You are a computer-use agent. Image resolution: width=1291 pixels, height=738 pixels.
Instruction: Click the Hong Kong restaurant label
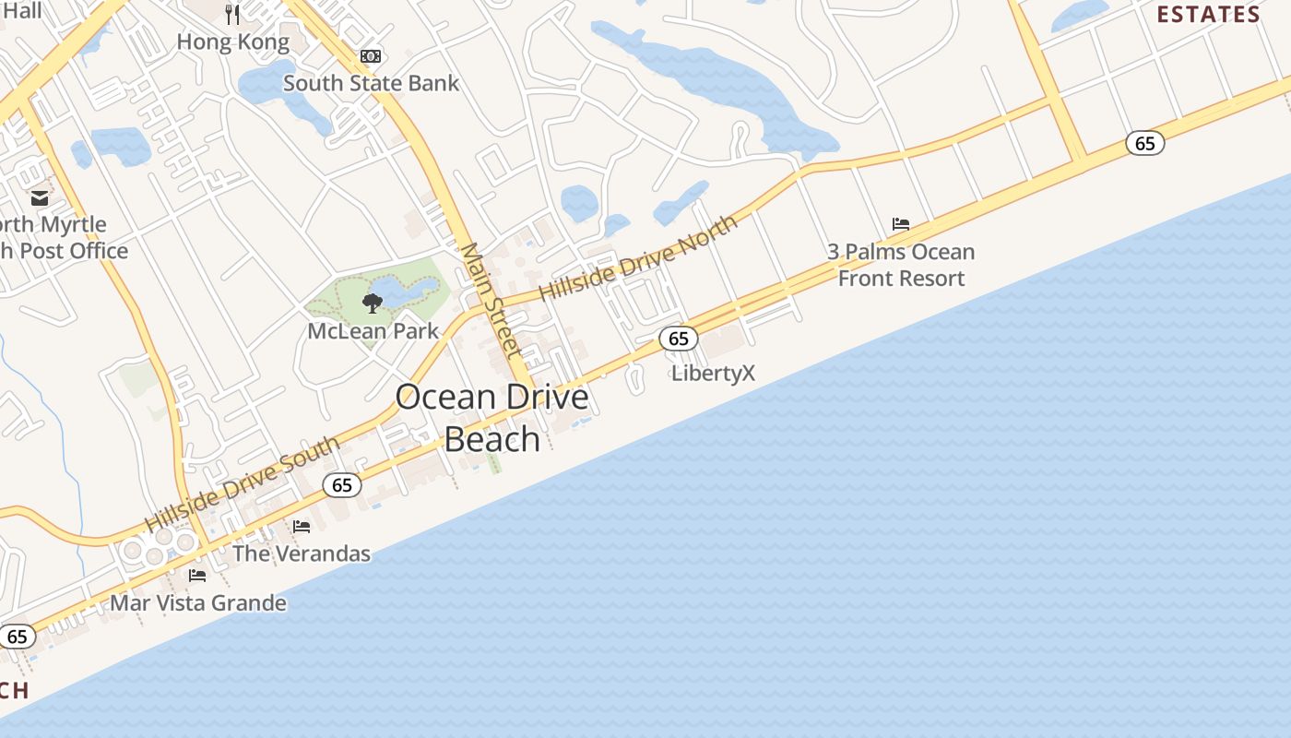tap(232, 42)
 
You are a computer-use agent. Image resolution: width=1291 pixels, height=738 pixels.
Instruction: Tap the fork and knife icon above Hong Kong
tap(232, 14)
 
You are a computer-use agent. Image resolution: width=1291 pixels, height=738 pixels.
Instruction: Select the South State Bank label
tap(371, 83)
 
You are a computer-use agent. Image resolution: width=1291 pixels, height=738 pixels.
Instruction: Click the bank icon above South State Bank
tap(371, 56)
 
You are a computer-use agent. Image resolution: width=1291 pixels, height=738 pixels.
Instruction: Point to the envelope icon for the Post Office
tap(40, 197)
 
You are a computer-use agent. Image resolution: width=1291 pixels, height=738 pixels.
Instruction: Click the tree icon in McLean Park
tap(373, 303)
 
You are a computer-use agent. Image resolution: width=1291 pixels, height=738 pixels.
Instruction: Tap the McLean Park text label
tap(373, 330)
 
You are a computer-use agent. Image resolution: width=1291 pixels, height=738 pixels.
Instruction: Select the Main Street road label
tap(491, 300)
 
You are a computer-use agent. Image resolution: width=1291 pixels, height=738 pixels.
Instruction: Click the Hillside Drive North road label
tap(638, 257)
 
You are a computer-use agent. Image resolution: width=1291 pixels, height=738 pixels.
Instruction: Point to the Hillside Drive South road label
tap(243, 484)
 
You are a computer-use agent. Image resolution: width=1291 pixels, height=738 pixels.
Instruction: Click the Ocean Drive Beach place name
tap(492, 418)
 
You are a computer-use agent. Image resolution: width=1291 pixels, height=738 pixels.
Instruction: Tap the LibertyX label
tap(713, 373)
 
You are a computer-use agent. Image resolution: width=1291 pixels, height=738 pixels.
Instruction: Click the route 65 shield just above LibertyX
tap(679, 339)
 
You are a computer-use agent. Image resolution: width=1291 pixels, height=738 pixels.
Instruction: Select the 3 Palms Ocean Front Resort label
tap(901, 265)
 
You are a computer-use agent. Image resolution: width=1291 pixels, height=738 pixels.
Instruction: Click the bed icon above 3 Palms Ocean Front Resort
tap(901, 224)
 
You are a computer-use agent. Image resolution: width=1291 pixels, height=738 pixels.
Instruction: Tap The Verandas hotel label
tap(302, 553)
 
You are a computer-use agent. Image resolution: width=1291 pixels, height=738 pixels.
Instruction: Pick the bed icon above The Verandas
tap(302, 527)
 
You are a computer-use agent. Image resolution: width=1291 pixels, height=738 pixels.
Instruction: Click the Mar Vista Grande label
tap(198, 603)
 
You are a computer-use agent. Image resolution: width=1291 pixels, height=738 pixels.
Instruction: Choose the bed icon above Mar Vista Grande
tap(197, 576)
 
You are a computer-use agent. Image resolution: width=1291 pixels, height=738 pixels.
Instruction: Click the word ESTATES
tap(1208, 15)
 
